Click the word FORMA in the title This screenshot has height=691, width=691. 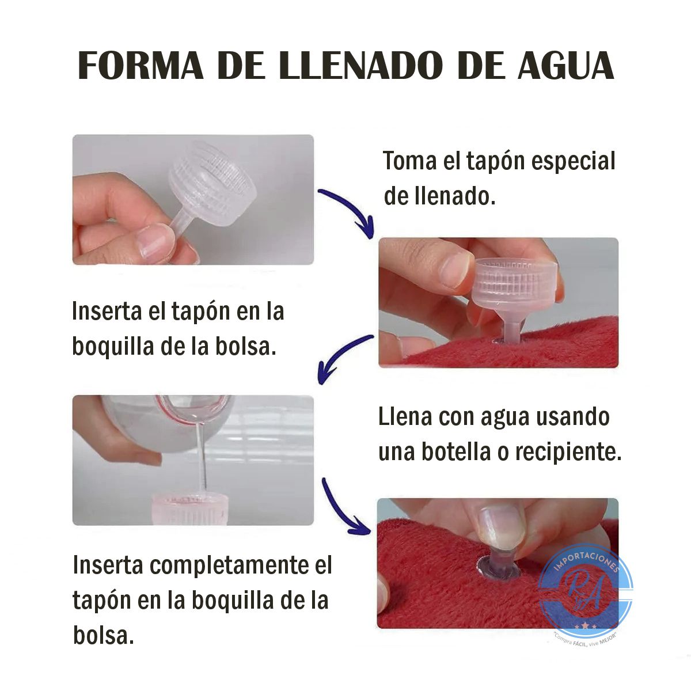(x=141, y=66)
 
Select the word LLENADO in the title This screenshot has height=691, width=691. (x=360, y=66)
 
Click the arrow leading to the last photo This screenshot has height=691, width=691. (x=343, y=507)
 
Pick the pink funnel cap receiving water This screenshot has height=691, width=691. (x=190, y=507)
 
